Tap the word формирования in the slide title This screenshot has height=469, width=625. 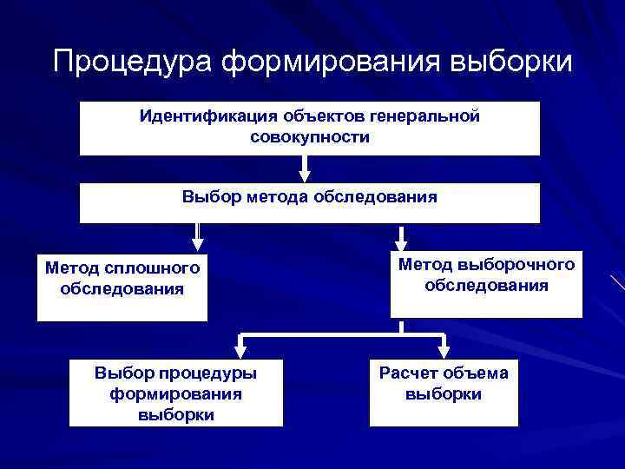(x=332, y=63)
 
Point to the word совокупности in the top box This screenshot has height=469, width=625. (x=309, y=137)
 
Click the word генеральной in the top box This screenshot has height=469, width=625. (x=424, y=116)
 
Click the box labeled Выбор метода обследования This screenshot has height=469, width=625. (x=309, y=203)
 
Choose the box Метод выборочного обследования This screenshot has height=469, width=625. (x=486, y=283)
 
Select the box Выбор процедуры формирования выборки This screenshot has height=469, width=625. (x=175, y=392)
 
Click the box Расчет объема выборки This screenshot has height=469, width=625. (x=444, y=392)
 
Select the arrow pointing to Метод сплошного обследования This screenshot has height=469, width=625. (x=197, y=237)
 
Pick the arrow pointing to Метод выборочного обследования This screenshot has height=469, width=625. (x=402, y=237)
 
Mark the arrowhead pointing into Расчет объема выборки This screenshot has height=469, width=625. (x=444, y=351)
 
